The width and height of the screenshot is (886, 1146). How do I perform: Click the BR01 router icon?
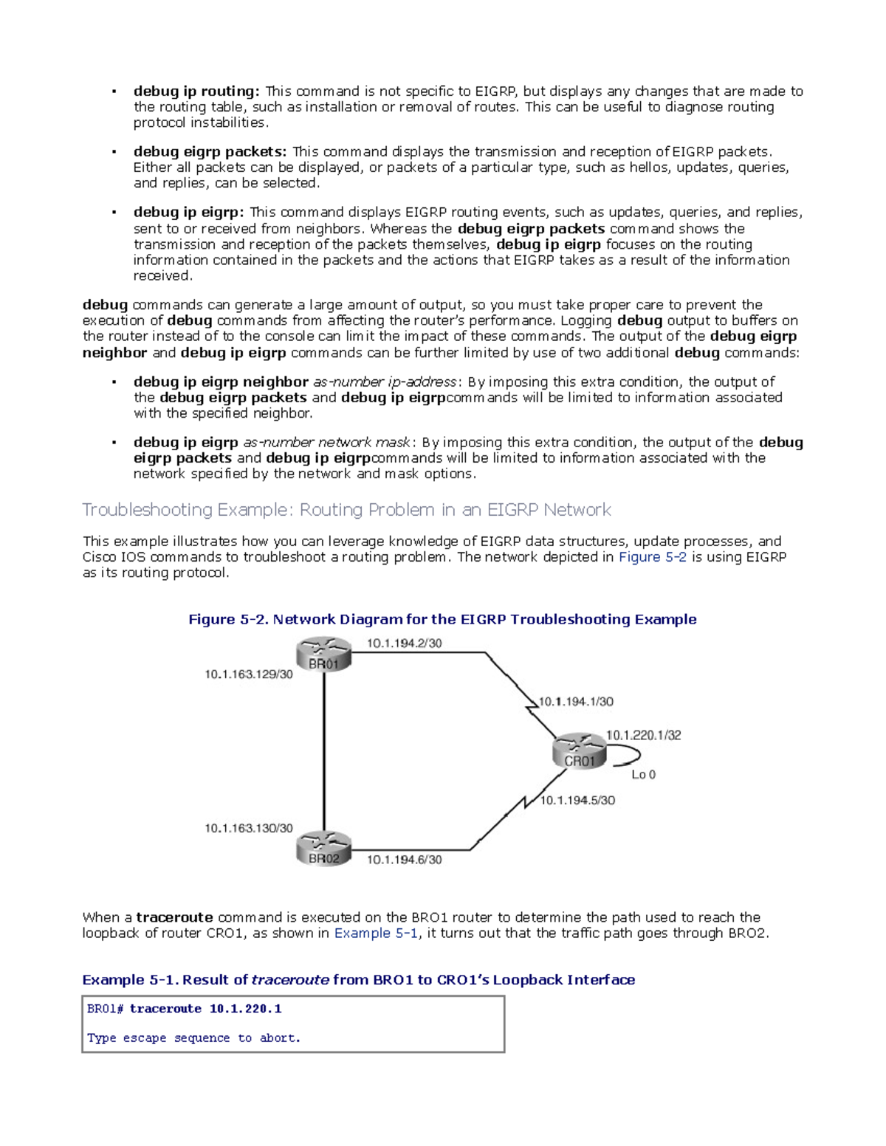click(x=324, y=655)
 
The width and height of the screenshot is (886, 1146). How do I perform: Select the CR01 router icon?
click(x=580, y=751)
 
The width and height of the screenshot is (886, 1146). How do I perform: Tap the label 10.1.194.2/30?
click(x=404, y=643)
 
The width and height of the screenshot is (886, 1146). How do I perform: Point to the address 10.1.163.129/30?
click(x=249, y=674)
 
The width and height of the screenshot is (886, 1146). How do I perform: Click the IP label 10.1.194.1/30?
click(x=576, y=702)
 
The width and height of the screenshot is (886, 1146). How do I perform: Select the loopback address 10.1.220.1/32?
click(x=643, y=735)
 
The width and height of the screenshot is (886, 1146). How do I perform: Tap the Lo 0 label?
click(x=643, y=775)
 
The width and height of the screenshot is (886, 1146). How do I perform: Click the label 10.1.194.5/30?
click(x=577, y=801)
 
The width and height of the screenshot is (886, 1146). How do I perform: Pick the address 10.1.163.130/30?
click(x=249, y=829)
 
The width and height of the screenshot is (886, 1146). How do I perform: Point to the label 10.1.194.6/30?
click(x=404, y=860)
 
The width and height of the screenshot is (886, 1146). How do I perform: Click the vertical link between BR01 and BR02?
click(x=324, y=753)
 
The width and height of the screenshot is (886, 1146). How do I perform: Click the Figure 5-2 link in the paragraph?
click(x=652, y=557)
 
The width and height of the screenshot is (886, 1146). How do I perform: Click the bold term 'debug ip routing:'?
click(x=196, y=92)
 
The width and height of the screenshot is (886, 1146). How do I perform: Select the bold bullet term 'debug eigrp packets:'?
click(x=210, y=152)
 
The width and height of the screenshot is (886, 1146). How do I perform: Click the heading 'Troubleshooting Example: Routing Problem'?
click(x=346, y=510)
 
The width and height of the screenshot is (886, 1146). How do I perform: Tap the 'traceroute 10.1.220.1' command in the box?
click(x=205, y=1009)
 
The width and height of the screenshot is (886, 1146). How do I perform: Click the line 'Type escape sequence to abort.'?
click(x=193, y=1038)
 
